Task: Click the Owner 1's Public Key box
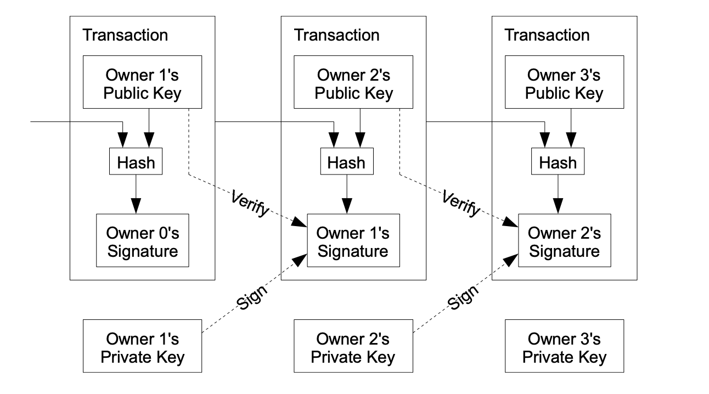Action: pyautogui.click(x=142, y=82)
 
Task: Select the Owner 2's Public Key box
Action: pyautogui.click(x=354, y=82)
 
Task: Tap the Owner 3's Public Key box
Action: pyautogui.click(x=564, y=82)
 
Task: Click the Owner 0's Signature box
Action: pyautogui.click(x=143, y=240)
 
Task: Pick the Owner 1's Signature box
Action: pyautogui.click(x=353, y=240)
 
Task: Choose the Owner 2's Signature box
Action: pyautogui.click(x=564, y=240)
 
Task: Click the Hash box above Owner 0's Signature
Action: pyautogui.click(x=136, y=162)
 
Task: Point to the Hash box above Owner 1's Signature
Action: pyautogui.click(x=347, y=162)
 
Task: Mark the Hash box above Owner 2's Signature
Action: pyautogui.click(x=558, y=162)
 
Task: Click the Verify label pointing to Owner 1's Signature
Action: pyautogui.click(x=250, y=204)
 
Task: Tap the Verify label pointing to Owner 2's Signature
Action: pyautogui.click(x=461, y=204)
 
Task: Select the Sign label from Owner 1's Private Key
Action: pyautogui.click(x=253, y=296)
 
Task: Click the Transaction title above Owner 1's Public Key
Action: pyautogui.click(x=125, y=36)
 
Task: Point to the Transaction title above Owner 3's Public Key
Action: pyautogui.click(x=547, y=36)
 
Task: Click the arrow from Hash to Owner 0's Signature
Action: pyautogui.click(x=136, y=194)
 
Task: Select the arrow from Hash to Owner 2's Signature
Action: pyautogui.click(x=558, y=194)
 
